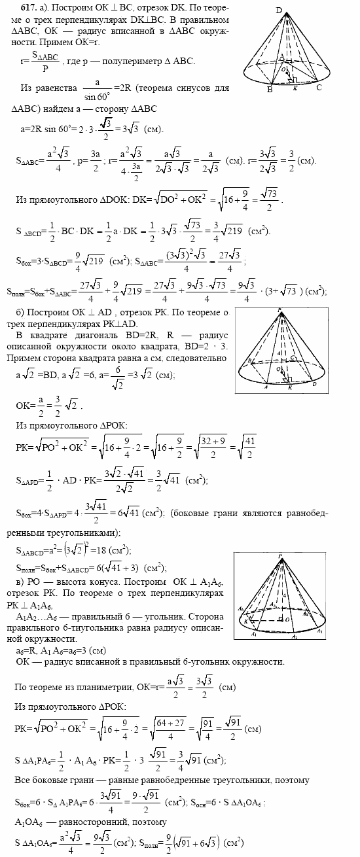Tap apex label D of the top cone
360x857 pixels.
[279, 10]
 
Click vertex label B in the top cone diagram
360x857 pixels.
[269, 90]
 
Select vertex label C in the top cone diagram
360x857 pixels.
[319, 87]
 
